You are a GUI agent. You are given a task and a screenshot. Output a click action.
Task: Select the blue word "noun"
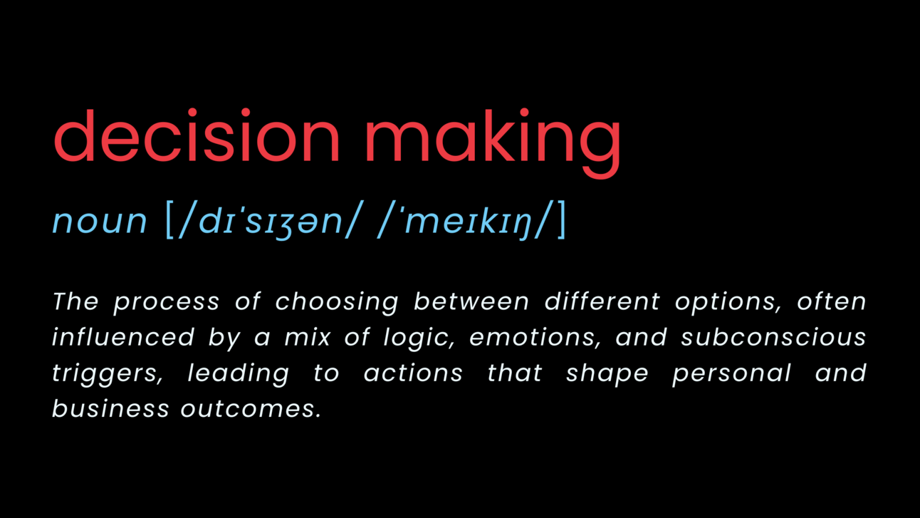click(99, 221)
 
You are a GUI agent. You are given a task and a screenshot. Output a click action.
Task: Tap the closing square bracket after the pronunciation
click(562, 221)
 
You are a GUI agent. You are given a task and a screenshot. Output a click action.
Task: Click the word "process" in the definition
click(166, 302)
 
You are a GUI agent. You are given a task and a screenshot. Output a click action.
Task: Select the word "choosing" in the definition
click(337, 302)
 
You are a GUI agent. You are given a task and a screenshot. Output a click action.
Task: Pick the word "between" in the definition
click(471, 301)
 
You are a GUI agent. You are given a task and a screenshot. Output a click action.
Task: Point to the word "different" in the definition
click(602, 301)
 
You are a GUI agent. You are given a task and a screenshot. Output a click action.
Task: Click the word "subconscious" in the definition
click(773, 337)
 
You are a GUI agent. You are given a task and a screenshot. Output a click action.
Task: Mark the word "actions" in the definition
click(413, 373)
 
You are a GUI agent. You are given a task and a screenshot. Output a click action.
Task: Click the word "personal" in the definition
click(731, 373)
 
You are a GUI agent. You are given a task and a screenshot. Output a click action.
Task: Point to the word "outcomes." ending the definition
click(251, 409)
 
